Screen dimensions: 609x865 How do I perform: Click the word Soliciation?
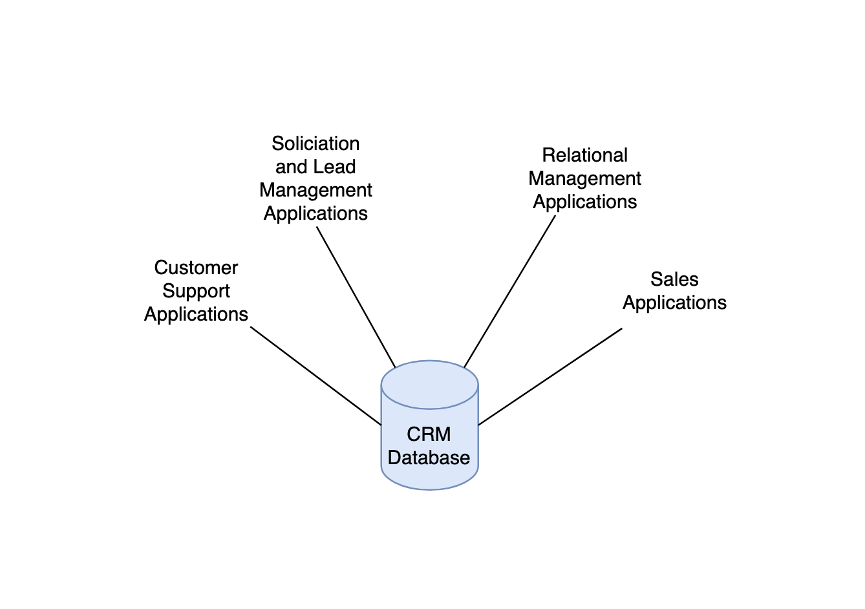(x=315, y=144)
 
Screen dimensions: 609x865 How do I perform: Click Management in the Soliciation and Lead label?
(x=315, y=190)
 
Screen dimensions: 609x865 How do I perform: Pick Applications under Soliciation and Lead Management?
(x=315, y=213)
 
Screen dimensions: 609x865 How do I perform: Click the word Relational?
(x=584, y=155)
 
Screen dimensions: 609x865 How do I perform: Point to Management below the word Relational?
(x=584, y=178)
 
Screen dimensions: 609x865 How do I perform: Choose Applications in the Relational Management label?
(x=584, y=202)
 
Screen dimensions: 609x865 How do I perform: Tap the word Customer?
(x=196, y=268)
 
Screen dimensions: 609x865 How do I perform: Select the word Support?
(x=196, y=291)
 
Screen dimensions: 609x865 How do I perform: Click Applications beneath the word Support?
(x=196, y=314)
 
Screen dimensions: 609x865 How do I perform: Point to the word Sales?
(x=674, y=279)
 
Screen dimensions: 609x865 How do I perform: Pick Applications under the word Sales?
(x=674, y=303)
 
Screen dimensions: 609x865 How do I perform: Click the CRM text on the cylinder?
(x=429, y=434)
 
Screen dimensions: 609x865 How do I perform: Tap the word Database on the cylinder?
(x=429, y=458)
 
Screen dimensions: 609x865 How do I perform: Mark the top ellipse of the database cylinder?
(x=429, y=385)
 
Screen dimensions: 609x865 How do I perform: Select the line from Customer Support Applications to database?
(x=315, y=376)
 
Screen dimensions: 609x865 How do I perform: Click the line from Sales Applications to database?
(x=550, y=377)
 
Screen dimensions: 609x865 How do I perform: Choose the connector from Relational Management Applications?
(x=509, y=292)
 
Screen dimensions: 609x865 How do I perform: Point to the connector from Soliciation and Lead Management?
(x=356, y=297)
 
